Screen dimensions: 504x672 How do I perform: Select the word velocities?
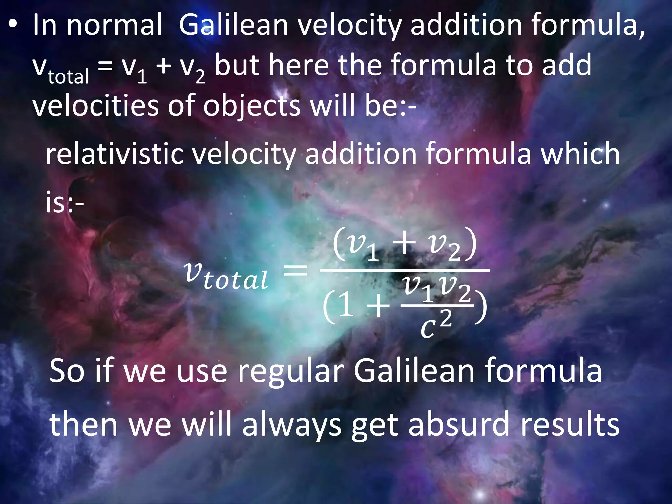pos(95,106)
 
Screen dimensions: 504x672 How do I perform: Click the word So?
pos(67,371)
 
